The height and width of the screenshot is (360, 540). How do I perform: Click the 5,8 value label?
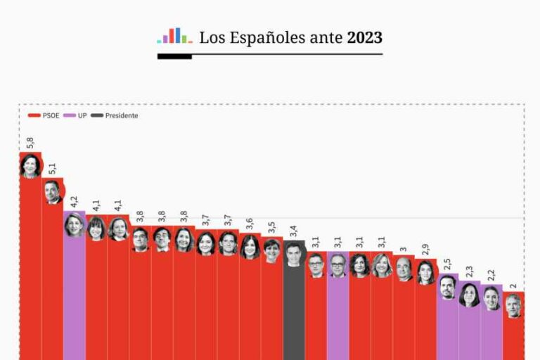(x=30, y=142)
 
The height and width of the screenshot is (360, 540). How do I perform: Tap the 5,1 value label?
(x=52, y=169)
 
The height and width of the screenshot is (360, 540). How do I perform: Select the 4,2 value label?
(x=74, y=202)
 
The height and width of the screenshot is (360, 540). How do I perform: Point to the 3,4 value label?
(x=294, y=231)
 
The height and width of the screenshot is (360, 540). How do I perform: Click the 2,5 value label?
(x=447, y=264)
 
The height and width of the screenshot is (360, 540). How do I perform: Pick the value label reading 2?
(x=513, y=285)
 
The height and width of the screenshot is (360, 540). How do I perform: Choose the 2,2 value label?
(x=491, y=275)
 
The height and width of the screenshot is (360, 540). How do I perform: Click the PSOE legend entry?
(x=44, y=115)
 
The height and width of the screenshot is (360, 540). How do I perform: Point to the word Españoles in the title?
(x=264, y=37)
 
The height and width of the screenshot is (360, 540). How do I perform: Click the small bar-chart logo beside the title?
(x=174, y=36)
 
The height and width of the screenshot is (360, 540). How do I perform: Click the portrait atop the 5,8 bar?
(x=30, y=166)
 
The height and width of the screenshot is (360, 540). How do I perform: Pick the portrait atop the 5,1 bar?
(x=52, y=191)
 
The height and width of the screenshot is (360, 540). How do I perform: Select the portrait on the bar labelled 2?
(x=513, y=305)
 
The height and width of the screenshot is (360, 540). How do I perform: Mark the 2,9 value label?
(x=425, y=251)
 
